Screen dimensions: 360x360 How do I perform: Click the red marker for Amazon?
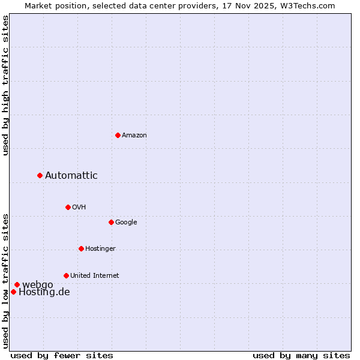coord(118,135)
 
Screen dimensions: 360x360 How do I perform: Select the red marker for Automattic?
coord(40,175)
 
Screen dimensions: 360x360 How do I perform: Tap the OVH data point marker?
coord(68,207)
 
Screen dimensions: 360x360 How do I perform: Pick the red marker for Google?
coord(111,222)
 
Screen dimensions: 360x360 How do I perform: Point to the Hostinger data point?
coord(81,248)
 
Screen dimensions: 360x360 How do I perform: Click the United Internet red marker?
coord(66,275)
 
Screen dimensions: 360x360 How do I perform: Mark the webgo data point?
coord(17,284)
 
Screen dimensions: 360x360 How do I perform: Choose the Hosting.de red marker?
coord(13,292)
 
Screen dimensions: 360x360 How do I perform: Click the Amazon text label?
coord(134,136)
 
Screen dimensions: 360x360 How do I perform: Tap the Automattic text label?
coord(71,176)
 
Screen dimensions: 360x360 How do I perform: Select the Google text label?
coord(126,223)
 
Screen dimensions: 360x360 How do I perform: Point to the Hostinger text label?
coord(100,249)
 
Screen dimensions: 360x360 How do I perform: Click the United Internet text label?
coord(95,276)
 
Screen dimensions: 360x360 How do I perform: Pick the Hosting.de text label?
coord(44,292)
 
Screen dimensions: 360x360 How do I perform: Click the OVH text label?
coord(79,208)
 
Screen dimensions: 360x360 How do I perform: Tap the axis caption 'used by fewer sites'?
coord(62,355)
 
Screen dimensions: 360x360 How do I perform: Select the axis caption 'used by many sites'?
coord(301,355)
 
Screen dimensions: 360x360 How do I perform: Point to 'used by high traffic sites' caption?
coord(5,86)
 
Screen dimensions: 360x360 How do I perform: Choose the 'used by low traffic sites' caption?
coord(5,280)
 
